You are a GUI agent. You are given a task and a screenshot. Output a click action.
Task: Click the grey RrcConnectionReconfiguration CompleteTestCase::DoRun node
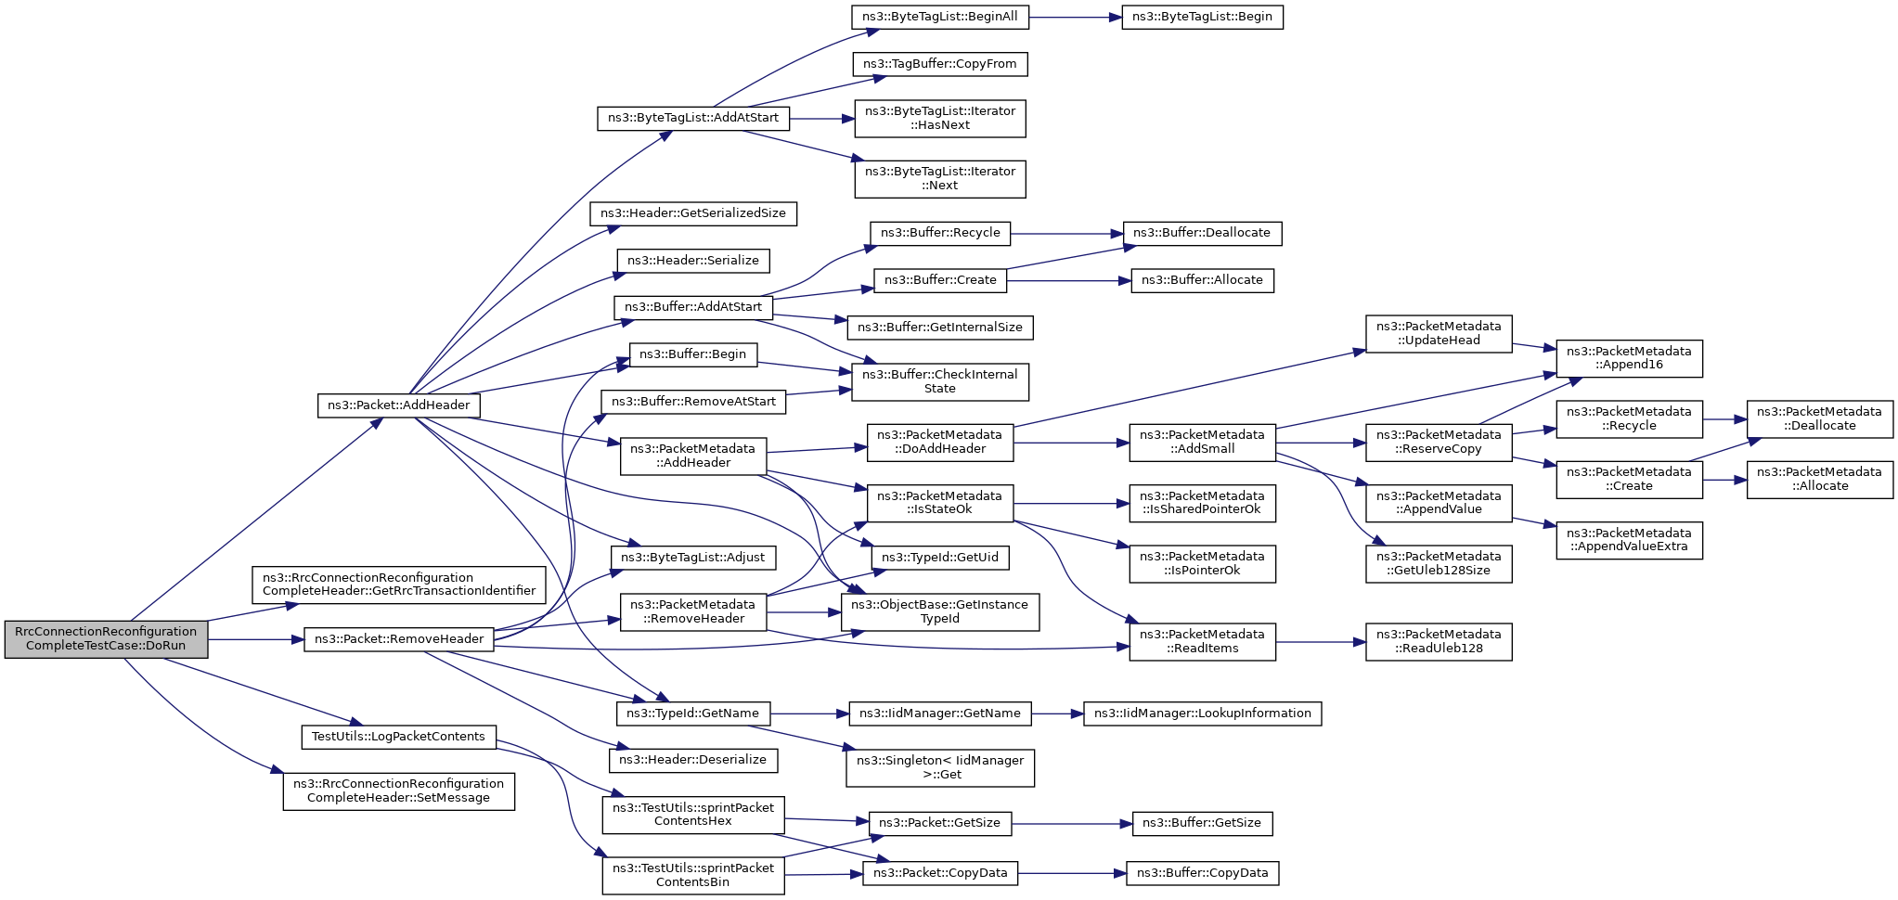(106, 638)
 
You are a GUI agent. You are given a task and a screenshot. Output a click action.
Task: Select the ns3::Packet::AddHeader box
(399, 405)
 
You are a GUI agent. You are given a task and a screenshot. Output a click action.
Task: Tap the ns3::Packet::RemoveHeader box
(399, 639)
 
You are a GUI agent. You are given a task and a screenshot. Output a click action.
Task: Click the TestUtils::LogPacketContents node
(398, 737)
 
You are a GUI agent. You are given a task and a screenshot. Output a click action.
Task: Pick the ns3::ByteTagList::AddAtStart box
(693, 119)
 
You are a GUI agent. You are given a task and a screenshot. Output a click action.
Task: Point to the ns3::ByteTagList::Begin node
(1202, 17)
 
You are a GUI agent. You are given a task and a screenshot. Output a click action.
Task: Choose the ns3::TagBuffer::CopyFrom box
(940, 64)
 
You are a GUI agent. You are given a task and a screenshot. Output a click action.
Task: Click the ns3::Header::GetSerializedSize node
(693, 213)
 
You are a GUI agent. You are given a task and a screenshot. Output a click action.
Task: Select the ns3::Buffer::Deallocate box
(1202, 233)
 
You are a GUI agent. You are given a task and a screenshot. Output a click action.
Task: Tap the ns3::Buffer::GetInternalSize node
(940, 328)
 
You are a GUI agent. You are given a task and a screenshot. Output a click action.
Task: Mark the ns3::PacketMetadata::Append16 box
(1629, 358)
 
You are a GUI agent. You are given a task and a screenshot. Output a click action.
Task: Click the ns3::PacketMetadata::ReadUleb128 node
(1439, 642)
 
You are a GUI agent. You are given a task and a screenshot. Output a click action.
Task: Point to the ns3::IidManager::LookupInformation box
(1202, 714)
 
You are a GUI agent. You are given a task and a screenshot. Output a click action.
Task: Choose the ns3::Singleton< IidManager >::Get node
(940, 767)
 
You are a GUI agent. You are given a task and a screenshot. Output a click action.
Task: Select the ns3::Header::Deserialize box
(693, 760)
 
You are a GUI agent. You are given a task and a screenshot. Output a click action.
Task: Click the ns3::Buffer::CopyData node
(1202, 873)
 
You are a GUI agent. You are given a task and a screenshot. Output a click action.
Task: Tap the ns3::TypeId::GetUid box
(940, 558)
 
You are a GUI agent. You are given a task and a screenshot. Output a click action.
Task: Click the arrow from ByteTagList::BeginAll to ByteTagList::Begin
(1075, 17)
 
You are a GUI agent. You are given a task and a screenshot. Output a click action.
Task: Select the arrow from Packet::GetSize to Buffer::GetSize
(1072, 824)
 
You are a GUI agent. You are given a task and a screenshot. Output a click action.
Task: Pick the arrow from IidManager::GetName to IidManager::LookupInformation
(1057, 714)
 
